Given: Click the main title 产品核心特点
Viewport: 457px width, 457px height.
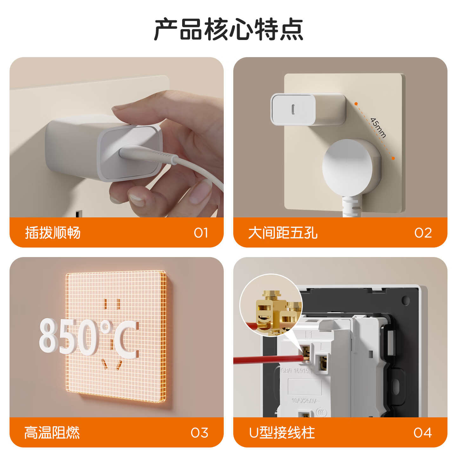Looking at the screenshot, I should point(228,29).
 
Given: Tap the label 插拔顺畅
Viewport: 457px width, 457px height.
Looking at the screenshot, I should point(53,233).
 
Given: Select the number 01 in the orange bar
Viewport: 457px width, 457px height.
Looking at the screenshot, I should point(201,233).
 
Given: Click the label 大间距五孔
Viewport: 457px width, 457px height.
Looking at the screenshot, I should point(283,233).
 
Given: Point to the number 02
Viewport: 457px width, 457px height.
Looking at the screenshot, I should point(423,233).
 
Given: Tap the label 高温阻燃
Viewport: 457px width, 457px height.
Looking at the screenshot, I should point(52,433).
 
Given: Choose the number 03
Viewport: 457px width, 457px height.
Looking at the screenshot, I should point(200,433).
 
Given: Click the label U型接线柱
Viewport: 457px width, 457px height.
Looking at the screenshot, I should point(282,433).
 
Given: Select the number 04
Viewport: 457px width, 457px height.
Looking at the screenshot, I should point(423,433).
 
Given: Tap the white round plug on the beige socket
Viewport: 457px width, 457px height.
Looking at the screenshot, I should point(348,167).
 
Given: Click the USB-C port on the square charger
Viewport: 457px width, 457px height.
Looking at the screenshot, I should point(293,109).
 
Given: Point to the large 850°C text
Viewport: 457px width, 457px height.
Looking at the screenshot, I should point(89,337).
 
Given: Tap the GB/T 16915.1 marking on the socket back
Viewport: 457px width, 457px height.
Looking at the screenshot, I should point(297,371).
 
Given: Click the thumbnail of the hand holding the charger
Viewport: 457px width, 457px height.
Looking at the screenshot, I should point(116,137).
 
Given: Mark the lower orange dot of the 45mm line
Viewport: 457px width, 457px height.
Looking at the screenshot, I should point(393,158).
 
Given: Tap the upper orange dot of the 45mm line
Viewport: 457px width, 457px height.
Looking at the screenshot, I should point(356,104).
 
